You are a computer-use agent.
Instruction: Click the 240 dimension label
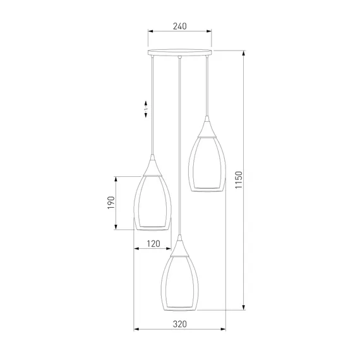point(180,27)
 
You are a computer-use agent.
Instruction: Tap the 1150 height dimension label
point(239,180)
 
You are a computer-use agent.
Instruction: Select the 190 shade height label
point(111,203)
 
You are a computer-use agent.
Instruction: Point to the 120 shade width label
point(153,244)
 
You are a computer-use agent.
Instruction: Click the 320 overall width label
point(180,324)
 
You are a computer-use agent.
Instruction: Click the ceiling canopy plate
point(180,52)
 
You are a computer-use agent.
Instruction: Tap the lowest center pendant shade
point(179,283)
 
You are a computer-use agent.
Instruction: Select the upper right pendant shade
point(207,164)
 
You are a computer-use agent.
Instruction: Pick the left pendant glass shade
point(152,203)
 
